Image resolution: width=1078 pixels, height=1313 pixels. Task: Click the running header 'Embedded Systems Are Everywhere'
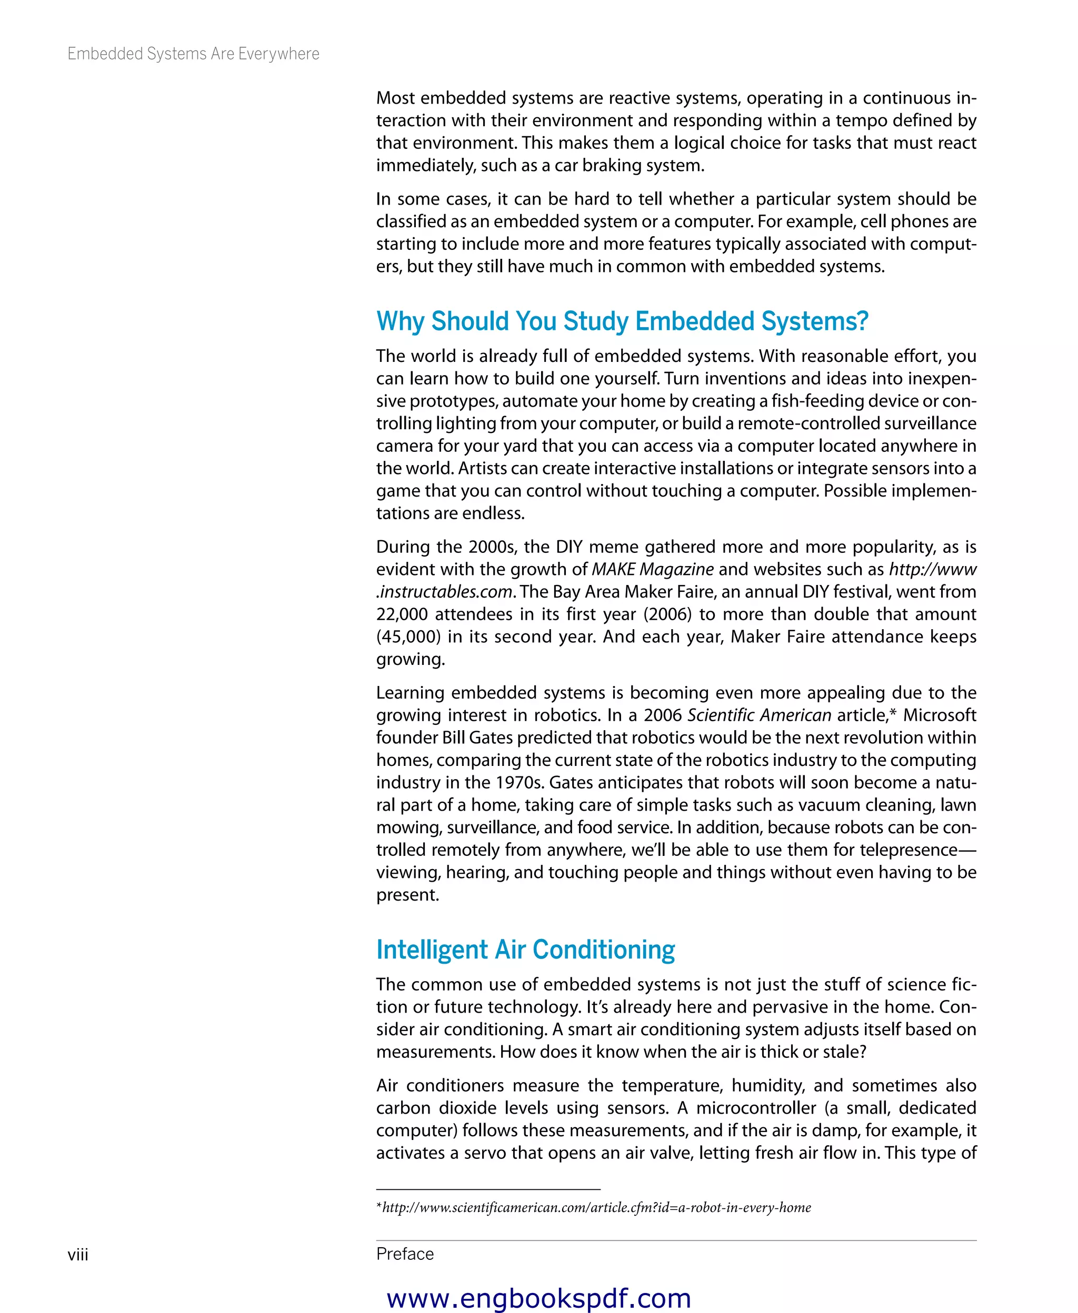tap(193, 54)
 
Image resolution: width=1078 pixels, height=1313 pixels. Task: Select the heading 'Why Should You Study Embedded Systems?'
tap(622, 321)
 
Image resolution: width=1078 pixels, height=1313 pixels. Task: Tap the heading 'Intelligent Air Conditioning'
tap(525, 950)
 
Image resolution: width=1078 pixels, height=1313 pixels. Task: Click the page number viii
tap(78, 1255)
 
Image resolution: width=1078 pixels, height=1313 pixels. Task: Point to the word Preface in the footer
tap(405, 1254)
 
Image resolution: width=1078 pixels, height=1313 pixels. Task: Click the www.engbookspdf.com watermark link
tap(538, 1298)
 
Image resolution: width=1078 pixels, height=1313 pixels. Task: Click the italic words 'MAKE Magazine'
tap(652, 569)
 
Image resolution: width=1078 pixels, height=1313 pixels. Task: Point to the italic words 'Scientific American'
tap(759, 715)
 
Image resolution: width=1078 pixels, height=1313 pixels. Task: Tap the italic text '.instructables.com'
tap(445, 592)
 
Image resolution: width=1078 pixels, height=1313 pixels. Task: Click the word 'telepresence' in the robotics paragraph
tap(908, 850)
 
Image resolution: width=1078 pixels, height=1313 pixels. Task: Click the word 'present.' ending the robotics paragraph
tap(407, 895)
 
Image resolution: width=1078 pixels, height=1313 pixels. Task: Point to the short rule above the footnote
tap(488, 1189)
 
